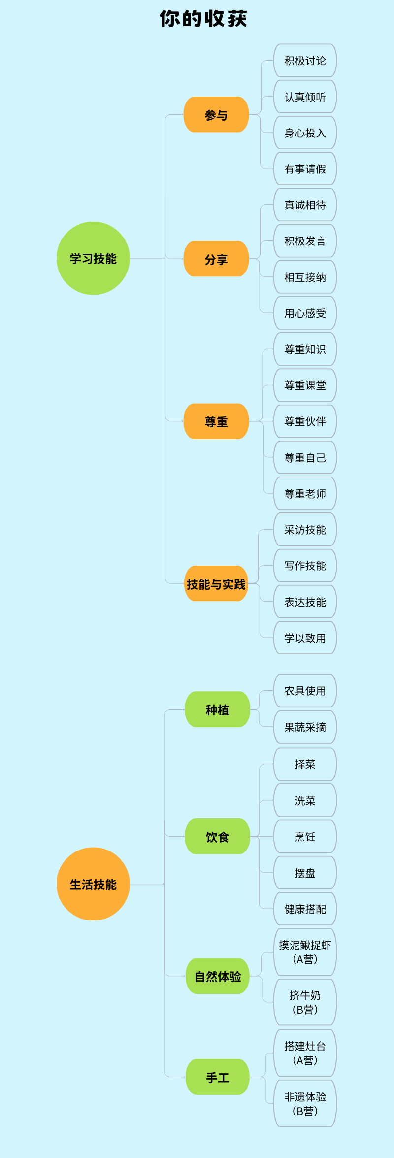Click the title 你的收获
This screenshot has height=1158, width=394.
[203, 19]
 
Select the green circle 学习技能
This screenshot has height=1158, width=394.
[93, 258]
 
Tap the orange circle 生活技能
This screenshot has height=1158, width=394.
[93, 884]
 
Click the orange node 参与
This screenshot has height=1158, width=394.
[216, 115]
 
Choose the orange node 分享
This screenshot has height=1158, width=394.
[216, 259]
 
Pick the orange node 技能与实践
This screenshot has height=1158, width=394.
[216, 584]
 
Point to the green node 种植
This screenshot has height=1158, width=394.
[217, 710]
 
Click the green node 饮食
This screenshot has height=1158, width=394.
[217, 837]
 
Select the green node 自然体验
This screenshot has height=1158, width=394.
[217, 976]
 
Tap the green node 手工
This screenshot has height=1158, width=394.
[217, 1077]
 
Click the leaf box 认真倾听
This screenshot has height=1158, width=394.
[305, 97]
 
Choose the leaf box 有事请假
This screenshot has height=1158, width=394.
[305, 169]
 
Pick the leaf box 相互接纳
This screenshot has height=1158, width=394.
[305, 277]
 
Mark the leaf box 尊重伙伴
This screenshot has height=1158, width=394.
[305, 421]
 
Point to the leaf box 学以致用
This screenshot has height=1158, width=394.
[305, 638]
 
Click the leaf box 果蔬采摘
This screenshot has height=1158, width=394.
[305, 727]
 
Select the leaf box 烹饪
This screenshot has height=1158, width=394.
[305, 837]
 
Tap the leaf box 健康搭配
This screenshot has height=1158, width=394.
[305, 909]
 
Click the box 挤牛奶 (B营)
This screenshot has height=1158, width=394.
[305, 1002]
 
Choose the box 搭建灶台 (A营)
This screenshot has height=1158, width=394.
[305, 1053]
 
